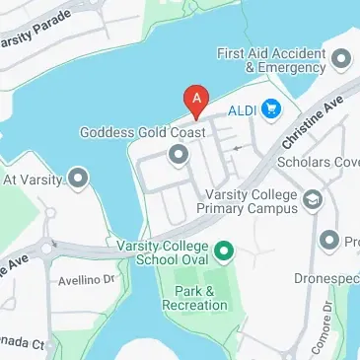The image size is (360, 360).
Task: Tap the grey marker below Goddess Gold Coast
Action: (179, 155)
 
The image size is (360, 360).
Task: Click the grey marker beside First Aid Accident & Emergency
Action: (342, 60)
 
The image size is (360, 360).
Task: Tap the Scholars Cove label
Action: (319, 162)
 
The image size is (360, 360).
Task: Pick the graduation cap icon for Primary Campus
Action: (313, 201)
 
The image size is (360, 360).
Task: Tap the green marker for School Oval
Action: (224, 252)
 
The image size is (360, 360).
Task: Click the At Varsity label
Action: (33, 180)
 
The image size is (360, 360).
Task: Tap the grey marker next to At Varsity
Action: (78, 180)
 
